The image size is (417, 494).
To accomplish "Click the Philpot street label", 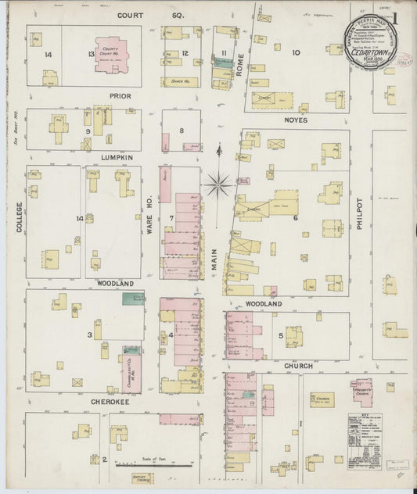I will (x=359, y=214).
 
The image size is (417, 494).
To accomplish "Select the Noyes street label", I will (x=297, y=120).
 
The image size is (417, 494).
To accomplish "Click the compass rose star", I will (x=218, y=184).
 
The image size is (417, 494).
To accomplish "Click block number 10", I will (x=296, y=53).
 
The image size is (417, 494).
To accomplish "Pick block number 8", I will (x=182, y=131).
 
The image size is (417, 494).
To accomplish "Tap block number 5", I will (x=280, y=337).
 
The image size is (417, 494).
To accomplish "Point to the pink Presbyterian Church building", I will (x=361, y=395).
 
